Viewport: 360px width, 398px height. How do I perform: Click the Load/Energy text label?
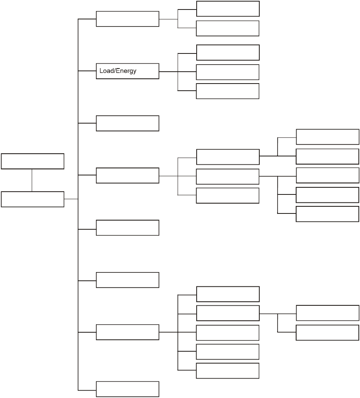coord(118,71)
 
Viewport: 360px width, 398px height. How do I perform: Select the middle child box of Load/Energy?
coord(228,72)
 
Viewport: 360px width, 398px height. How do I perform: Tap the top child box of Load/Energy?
coord(228,52)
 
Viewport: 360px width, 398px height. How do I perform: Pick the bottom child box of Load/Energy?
coord(228,91)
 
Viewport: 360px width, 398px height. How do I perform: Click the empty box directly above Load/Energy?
coord(127,19)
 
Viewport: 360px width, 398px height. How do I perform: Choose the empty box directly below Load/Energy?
coord(127,123)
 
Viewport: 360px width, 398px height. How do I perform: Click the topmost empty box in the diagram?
coord(228,9)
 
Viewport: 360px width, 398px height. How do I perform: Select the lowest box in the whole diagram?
coord(127,389)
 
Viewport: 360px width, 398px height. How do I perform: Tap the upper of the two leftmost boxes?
coord(33,161)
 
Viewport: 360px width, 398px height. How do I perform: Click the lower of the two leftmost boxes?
coord(33,199)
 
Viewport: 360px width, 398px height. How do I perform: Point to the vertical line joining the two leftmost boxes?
coord(32,180)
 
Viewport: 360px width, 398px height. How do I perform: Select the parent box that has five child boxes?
coord(127,332)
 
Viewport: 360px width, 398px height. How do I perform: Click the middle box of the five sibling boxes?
coord(228,333)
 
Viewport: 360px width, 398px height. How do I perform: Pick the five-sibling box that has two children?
coord(228,313)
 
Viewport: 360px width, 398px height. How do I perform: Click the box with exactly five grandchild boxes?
coord(127,175)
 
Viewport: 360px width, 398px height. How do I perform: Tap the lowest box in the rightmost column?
coord(327,333)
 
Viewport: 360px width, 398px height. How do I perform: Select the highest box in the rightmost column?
coord(327,137)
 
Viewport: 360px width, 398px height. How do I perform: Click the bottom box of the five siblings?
coord(228,371)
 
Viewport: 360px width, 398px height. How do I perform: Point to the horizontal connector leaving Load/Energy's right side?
coord(168,72)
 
